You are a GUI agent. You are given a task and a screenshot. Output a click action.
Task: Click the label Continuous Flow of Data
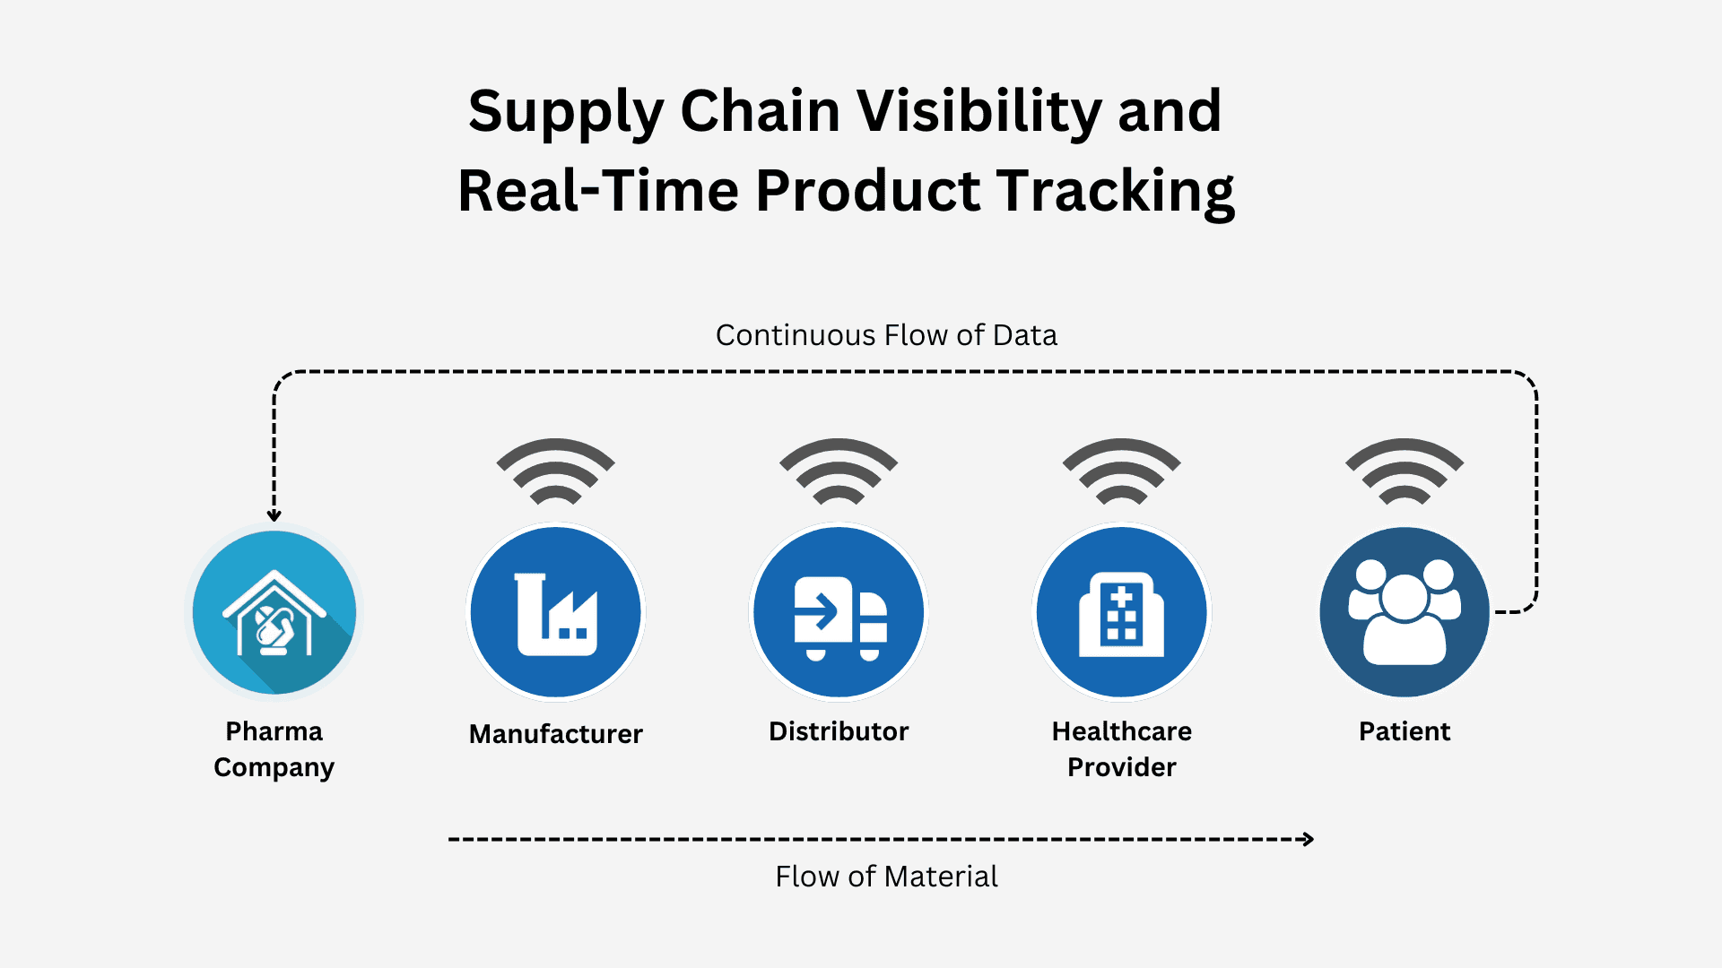point(886,335)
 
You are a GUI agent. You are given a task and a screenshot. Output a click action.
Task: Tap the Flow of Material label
point(886,876)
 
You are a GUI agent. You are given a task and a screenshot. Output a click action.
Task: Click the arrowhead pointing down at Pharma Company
point(274,514)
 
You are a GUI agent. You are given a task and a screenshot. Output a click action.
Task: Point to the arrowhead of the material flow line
point(1309,839)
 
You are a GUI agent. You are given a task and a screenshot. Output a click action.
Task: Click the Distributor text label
point(839,731)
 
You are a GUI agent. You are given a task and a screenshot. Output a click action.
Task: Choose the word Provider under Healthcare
point(1122,767)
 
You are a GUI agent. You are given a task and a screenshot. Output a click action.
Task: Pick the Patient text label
point(1405,731)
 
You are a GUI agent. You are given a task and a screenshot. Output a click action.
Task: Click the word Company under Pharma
point(274,767)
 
